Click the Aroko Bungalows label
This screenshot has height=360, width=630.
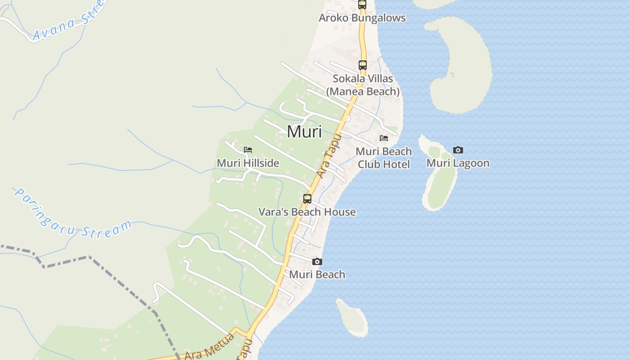point(362,18)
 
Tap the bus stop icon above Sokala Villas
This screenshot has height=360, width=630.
point(363,65)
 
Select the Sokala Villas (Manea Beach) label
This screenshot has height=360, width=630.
point(363,85)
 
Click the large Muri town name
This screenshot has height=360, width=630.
point(304,132)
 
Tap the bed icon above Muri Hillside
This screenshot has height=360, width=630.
point(248,150)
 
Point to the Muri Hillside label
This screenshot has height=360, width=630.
point(248,163)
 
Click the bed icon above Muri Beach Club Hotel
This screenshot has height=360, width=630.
point(384,138)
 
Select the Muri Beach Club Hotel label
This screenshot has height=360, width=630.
point(384,157)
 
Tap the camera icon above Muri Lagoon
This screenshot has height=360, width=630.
point(458,150)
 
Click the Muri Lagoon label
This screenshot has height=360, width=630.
point(458,163)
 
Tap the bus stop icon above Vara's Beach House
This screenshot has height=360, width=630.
point(307,198)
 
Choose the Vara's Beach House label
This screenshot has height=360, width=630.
point(307,212)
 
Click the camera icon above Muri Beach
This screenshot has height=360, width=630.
point(317,261)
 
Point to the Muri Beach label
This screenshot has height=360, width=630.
point(317,274)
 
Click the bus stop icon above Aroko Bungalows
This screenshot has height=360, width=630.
point(362,4)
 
